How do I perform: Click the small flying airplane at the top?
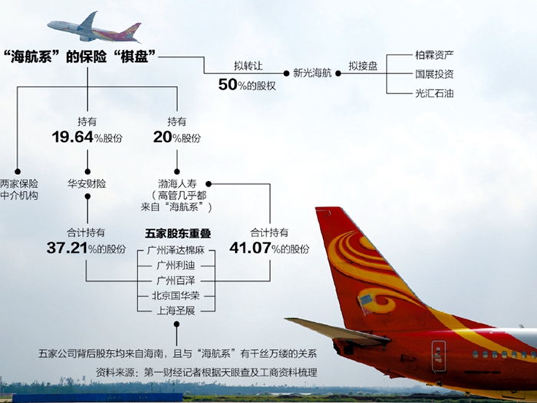(x=94, y=28)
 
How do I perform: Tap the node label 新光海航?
(x=312, y=74)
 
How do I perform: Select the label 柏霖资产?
(x=434, y=55)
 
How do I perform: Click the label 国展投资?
(x=434, y=74)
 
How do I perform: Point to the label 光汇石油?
(x=434, y=93)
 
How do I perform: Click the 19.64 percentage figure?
(x=73, y=137)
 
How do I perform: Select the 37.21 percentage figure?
(x=68, y=248)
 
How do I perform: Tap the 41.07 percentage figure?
(x=250, y=248)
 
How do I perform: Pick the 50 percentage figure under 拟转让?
(x=228, y=84)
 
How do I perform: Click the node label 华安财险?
(x=87, y=184)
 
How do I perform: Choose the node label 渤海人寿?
(x=177, y=183)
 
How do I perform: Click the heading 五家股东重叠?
(x=177, y=233)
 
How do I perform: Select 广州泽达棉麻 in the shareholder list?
(x=176, y=250)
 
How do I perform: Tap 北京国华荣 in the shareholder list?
(x=176, y=296)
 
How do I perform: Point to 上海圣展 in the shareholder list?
(x=176, y=311)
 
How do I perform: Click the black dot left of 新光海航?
(x=286, y=74)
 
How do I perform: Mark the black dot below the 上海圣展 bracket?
(x=176, y=324)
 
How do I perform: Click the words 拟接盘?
(x=363, y=66)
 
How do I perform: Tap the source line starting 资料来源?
(x=206, y=372)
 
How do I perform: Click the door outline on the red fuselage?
(x=439, y=356)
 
